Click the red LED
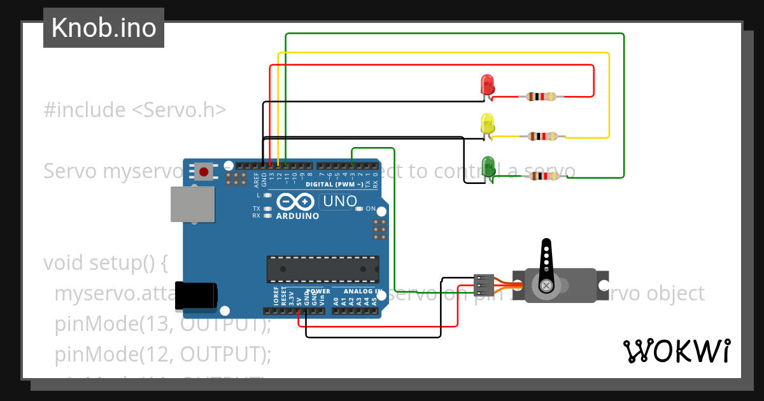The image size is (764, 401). click(x=487, y=85)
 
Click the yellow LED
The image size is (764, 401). click(x=487, y=124)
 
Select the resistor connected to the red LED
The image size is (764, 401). click(x=541, y=97)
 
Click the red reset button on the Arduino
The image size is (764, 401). click(x=204, y=171)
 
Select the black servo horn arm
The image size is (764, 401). click(x=546, y=264)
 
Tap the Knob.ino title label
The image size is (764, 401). click(x=104, y=28)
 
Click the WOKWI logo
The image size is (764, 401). click(x=676, y=351)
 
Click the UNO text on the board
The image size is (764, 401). click(x=340, y=202)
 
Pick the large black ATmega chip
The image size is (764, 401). click(x=323, y=269)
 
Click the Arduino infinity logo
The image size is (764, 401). click(x=296, y=202)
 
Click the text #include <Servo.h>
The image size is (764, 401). click(x=135, y=109)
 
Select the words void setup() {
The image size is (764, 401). click(x=105, y=262)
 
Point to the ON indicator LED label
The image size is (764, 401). click(x=371, y=209)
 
